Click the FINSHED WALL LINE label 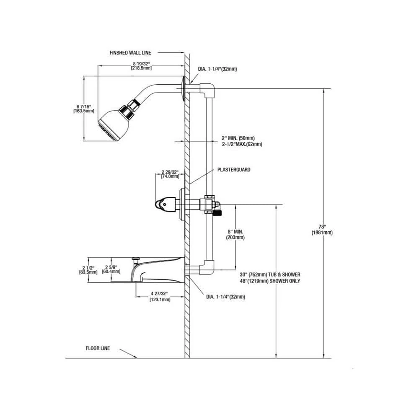(x=130, y=53)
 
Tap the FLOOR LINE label (x=98, y=348)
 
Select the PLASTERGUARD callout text (x=234, y=170)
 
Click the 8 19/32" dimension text (x=141, y=65)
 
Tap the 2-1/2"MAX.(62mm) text (x=242, y=144)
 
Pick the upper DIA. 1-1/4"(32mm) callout (x=217, y=69)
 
